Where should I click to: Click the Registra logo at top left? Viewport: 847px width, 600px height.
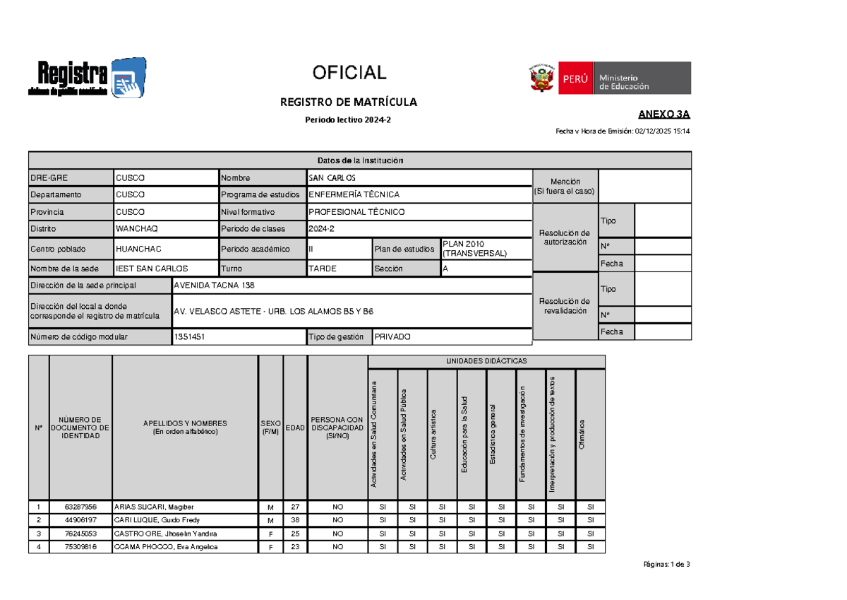tap(86, 78)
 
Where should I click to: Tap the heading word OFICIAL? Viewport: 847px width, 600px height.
tap(349, 73)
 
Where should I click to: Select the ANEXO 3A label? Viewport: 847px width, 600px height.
tap(664, 114)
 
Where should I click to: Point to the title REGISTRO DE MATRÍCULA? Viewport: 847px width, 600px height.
tap(349, 102)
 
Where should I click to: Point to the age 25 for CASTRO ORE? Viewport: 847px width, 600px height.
tap(295, 534)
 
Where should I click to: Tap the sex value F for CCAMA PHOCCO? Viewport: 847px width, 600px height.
tap(270, 547)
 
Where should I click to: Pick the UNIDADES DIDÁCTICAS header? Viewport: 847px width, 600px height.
tap(486, 361)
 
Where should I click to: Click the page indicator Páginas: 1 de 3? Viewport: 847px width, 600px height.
tap(666, 564)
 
